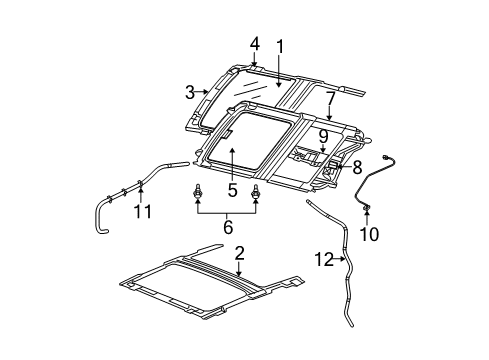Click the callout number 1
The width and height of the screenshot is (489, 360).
click(281, 46)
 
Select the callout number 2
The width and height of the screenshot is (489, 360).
click(239, 253)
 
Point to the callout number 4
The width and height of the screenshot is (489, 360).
click(255, 44)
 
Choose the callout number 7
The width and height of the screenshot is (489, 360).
click(329, 97)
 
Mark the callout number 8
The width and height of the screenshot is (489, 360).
click(358, 168)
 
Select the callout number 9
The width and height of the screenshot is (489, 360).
click(323, 134)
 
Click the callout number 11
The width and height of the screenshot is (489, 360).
click(143, 211)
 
